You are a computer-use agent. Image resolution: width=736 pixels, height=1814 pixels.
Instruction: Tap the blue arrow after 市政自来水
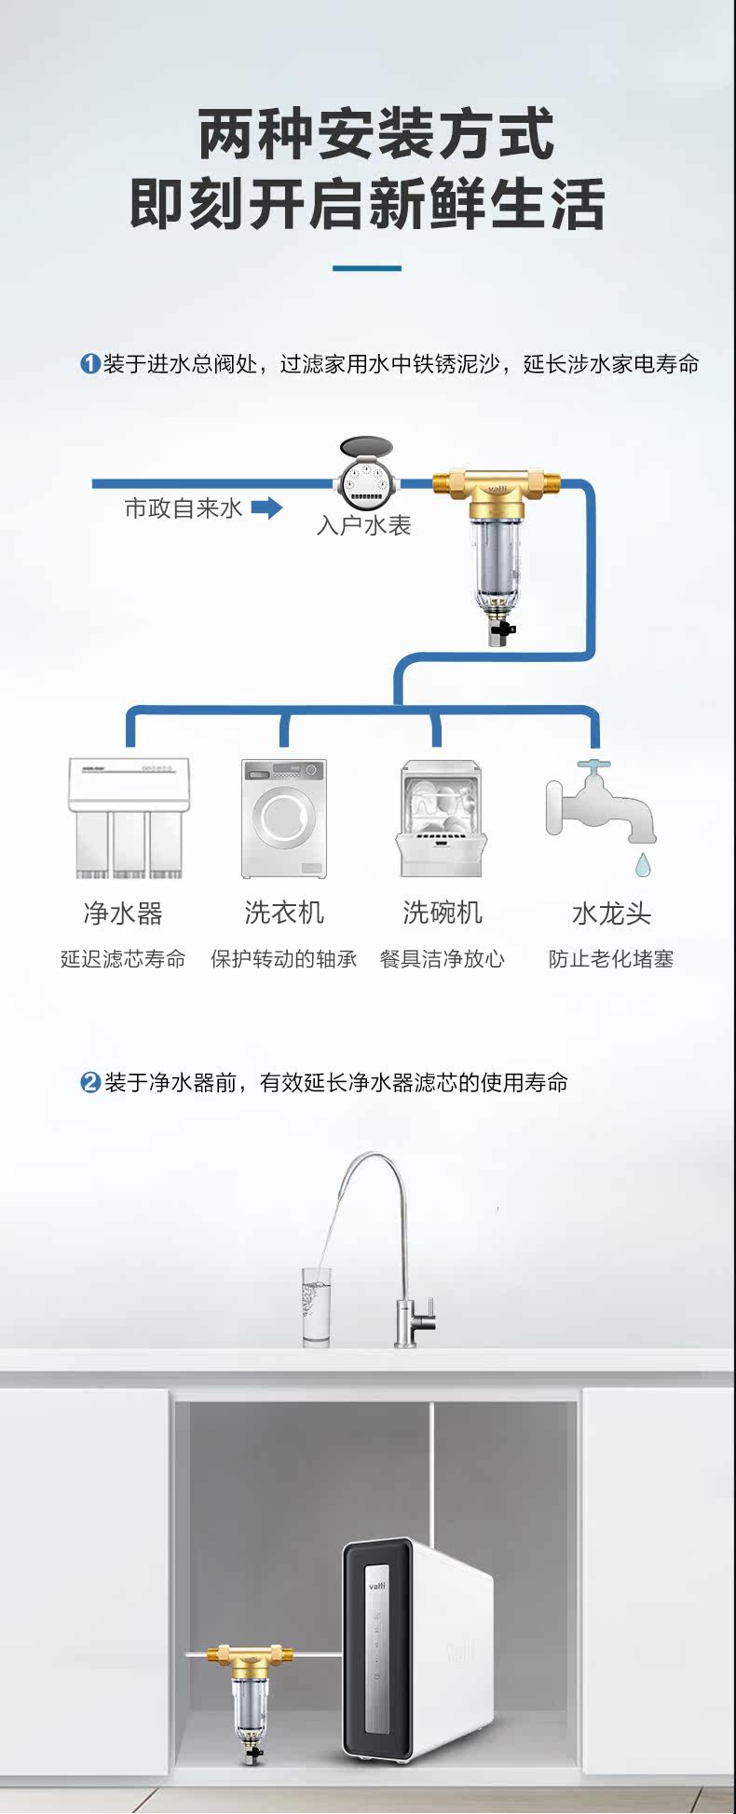(266, 508)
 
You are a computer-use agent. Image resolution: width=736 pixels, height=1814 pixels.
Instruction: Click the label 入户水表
(363, 526)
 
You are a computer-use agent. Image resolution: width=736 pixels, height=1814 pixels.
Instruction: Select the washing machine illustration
(284, 819)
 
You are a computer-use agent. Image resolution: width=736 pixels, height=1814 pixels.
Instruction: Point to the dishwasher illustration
(442, 819)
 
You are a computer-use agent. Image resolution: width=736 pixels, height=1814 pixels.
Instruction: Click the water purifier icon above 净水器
(128, 819)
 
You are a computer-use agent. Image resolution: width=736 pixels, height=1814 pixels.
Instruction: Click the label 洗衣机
(284, 913)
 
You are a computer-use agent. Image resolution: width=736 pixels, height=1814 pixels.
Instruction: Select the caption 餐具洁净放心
(442, 959)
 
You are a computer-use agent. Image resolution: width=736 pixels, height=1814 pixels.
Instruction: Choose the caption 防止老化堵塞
(610, 959)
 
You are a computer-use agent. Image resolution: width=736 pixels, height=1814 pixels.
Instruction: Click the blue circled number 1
(89, 363)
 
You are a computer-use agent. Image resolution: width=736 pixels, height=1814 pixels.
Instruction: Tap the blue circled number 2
(89, 1082)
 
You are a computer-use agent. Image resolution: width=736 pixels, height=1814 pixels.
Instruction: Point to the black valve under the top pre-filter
(501, 631)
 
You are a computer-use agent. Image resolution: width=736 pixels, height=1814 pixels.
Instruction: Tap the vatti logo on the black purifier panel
(376, 1584)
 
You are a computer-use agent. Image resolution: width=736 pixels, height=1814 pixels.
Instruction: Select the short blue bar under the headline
(367, 268)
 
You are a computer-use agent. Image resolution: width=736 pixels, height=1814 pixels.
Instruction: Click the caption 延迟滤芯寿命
(123, 959)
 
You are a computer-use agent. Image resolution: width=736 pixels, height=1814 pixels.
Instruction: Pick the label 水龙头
(611, 914)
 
